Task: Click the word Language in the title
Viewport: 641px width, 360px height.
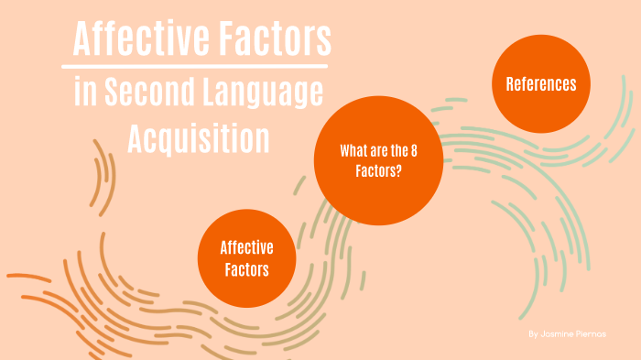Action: (266, 93)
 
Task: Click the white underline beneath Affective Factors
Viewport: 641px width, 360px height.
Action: (194, 66)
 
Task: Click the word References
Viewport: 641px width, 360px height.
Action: (541, 84)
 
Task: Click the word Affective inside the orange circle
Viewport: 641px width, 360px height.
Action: (245, 247)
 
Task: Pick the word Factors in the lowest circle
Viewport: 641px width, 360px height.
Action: (245, 269)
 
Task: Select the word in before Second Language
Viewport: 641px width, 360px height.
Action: (84, 93)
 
